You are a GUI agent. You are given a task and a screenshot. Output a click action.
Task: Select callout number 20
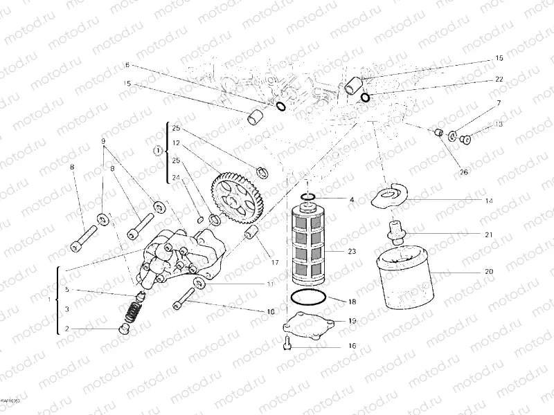pos(489,272)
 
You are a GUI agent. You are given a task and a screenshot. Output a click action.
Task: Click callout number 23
pos(352,252)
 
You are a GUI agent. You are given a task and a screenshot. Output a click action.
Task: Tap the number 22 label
pos(499,80)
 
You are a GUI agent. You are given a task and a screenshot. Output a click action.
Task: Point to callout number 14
pos(489,201)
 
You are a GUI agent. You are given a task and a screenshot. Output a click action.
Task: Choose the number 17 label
pos(274,262)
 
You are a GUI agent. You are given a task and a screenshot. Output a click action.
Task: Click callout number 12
pos(177,142)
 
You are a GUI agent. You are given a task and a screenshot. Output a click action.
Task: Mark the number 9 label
pos(103,141)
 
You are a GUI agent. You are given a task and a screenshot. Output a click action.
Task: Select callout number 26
pos(463,172)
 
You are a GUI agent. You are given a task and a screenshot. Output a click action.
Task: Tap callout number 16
pos(352,345)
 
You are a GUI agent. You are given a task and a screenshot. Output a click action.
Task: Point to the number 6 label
pos(127,64)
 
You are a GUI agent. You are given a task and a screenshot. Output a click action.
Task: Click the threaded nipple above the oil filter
pos(395,230)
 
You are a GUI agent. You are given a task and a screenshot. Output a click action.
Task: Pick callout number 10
pos(271,312)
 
